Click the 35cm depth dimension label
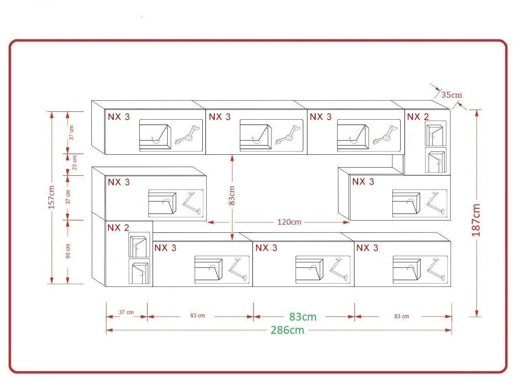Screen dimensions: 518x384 (452, 95)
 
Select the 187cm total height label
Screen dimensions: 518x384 (476, 220)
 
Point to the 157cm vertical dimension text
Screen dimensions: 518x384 (52, 197)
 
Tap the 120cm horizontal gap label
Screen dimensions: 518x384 (290, 222)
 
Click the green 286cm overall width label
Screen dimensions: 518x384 (287, 330)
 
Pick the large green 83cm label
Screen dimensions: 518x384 (303, 316)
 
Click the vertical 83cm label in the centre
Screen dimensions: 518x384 (232, 195)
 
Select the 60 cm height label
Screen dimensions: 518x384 (68, 251)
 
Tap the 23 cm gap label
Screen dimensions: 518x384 (74, 163)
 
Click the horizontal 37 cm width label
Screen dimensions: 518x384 (126, 312)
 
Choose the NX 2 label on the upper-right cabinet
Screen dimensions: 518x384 (418, 116)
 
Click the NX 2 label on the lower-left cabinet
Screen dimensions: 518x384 (118, 227)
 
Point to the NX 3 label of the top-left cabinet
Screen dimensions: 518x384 (119, 116)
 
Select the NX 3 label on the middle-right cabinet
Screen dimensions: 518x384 (363, 182)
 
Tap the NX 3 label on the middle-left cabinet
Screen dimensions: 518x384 (119, 182)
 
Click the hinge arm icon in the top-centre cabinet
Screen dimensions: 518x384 (288, 135)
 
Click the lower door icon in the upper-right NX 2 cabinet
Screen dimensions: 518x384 (435, 161)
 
